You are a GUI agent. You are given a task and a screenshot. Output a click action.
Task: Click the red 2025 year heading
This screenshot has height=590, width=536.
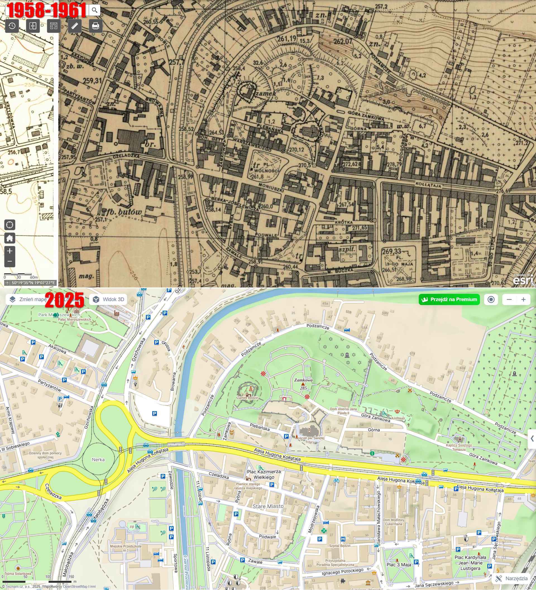click(64, 300)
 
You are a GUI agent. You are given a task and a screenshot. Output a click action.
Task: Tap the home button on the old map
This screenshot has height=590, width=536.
click(10, 238)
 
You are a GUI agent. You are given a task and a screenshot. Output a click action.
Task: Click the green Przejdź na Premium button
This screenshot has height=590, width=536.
click(449, 299)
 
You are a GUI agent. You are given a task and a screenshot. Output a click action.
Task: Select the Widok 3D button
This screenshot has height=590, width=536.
click(108, 299)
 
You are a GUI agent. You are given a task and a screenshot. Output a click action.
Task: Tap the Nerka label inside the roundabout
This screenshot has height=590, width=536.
click(98, 459)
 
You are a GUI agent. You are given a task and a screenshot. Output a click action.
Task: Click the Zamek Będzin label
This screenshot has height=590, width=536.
click(248, 398)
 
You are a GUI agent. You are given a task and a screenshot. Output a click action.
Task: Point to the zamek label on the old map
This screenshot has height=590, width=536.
click(266, 93)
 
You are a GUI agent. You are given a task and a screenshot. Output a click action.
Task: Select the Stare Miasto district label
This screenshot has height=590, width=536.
click(268, 506)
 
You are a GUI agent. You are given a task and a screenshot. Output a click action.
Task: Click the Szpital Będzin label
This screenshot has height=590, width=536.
click(339, 546)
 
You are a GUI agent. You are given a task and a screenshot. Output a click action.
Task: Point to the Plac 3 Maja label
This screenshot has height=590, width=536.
click(399, 565)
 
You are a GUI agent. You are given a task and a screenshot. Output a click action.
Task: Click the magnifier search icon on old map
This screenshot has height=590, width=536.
click(94, 10)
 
